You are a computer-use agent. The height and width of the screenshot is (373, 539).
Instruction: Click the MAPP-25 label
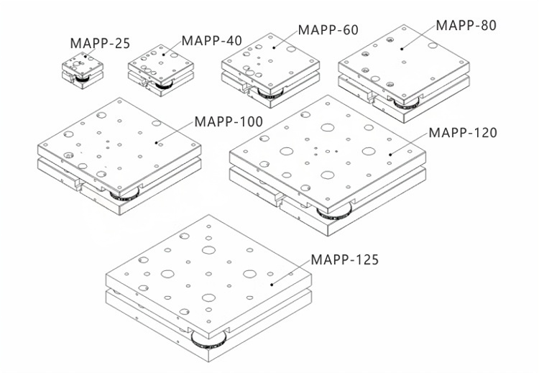(x=100, y=43)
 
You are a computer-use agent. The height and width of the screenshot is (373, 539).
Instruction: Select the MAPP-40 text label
(x=212, y=40)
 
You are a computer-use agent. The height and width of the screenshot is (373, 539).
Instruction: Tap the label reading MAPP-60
(x=328, y=30)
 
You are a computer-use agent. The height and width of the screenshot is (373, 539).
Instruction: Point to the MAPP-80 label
(x=466, y=25)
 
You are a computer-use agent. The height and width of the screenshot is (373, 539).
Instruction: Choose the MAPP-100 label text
(x=229, y=121)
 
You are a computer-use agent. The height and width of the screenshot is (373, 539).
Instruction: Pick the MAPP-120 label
(x=463, y=133)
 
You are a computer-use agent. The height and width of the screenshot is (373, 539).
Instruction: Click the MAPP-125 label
(x=344, y=260)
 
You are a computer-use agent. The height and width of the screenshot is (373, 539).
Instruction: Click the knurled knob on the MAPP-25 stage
(x=83, y=79)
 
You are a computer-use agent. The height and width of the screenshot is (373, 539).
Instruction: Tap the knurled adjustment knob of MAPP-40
(x=164, y=85)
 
